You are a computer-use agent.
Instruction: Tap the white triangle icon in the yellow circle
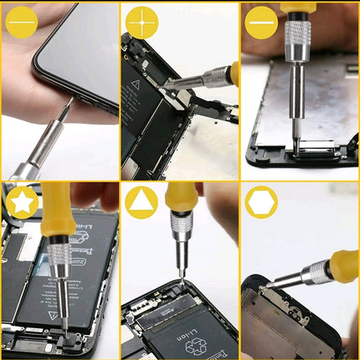tap(141, 202)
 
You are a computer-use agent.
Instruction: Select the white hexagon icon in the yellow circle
tap(261, 202)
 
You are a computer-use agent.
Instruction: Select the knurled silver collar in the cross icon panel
tap(215, 78)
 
